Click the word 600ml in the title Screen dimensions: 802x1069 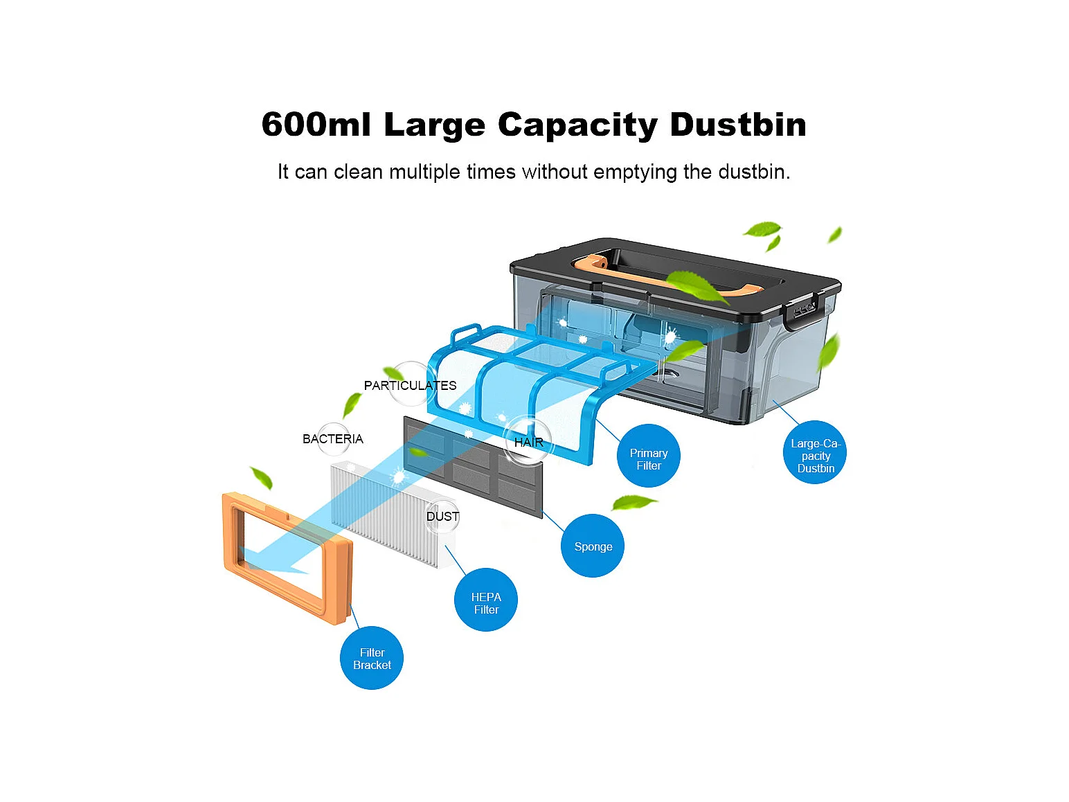click(x=316, y=125)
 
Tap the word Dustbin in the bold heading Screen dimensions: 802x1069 click(x=738, y=125)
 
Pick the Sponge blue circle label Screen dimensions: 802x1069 click(x=593, y=546)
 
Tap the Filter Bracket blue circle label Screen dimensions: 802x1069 click(x=372, y=658)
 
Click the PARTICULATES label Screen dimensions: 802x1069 click(x=410, y=385)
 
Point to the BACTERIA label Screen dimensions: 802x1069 click(x=332, y=438)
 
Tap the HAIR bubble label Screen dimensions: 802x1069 click(x=528, y=441)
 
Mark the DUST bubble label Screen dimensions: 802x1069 click(x=442, y=516)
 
